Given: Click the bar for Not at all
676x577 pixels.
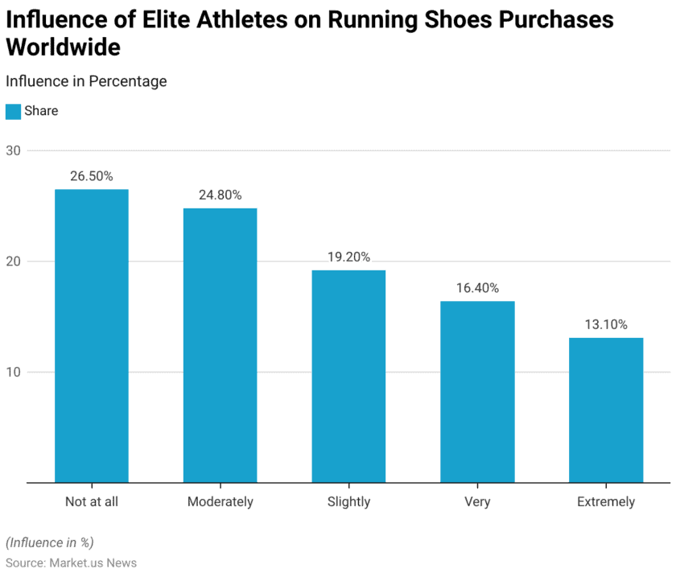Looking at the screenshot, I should coord(91,336).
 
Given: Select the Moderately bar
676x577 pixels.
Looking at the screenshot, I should coord(220,345).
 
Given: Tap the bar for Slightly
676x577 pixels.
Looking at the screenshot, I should coord(348,376).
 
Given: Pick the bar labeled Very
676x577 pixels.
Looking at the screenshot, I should coord(477,392).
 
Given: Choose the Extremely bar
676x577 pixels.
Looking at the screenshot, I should coord(605,410).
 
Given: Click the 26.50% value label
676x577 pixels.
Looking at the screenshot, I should coord(91,175).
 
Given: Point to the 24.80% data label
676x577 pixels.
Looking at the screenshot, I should coord(220,195).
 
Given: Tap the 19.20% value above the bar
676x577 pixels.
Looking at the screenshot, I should coord(348,257).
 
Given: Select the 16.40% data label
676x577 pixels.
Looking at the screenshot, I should coord(477,287).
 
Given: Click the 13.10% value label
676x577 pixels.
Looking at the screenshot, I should coord(605,324).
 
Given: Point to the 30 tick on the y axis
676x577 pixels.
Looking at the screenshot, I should coord(13,150).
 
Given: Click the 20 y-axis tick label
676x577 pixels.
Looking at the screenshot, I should coord(13,262).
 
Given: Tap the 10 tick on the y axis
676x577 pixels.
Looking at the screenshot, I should coord(13,372).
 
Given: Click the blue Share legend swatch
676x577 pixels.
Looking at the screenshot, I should coord(13,111).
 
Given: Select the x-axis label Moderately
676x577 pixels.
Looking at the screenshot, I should coord(220,501).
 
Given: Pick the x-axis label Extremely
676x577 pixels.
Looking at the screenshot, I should coord(605,501).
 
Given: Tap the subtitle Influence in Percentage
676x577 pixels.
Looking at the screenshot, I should coord(86,81).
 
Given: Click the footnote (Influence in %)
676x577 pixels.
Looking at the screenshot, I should coord(49,542).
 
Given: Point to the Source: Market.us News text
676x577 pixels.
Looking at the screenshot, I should coord(71,563).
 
